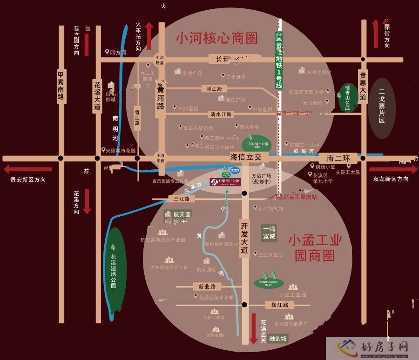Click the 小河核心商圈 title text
(x=216, y=38)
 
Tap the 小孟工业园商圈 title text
(x=315, y=247)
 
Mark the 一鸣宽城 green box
(x=269, y=233)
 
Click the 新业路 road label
(x=207, y=287)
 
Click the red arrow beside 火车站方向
(x=149, y=35)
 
